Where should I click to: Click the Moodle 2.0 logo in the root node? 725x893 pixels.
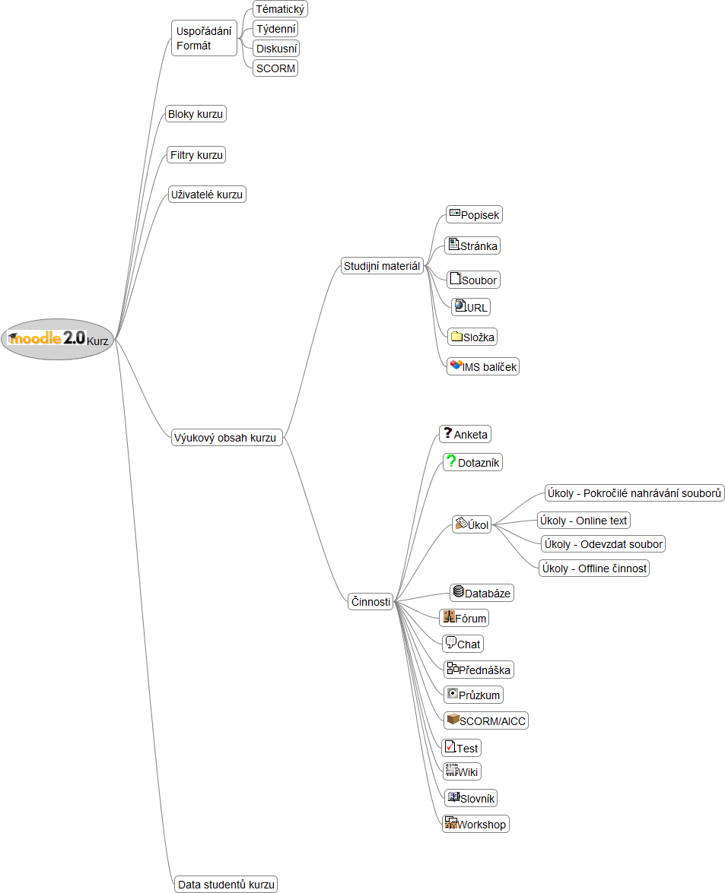[46, 338]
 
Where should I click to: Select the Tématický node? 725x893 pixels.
[280, 9]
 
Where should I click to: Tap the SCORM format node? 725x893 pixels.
[275, 68]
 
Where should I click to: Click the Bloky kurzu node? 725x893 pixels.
[196, 114]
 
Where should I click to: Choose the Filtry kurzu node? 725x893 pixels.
[196, 155]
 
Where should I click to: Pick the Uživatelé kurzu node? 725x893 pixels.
[207, 195]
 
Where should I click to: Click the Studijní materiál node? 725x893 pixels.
[382, 266]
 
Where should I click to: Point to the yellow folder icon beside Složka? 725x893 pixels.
[456, 336]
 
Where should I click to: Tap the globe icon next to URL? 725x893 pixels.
[460, 306]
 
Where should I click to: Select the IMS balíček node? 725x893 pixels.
[483, 367]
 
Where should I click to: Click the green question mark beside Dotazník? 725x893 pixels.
[451, 460]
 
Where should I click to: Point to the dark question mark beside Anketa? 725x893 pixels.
[448, 433]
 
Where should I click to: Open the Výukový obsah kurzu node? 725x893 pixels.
[227, 438]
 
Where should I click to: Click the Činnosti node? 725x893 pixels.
[370, 601]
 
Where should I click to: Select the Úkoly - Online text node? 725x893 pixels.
[583, 521]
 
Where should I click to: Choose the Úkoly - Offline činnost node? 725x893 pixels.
[594, 568]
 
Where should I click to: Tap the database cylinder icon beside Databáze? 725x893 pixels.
[458, 591]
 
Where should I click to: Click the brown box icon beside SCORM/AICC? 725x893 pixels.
[453, 719]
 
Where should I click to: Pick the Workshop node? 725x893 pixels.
[475, 824]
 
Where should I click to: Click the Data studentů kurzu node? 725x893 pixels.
[226, 885]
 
